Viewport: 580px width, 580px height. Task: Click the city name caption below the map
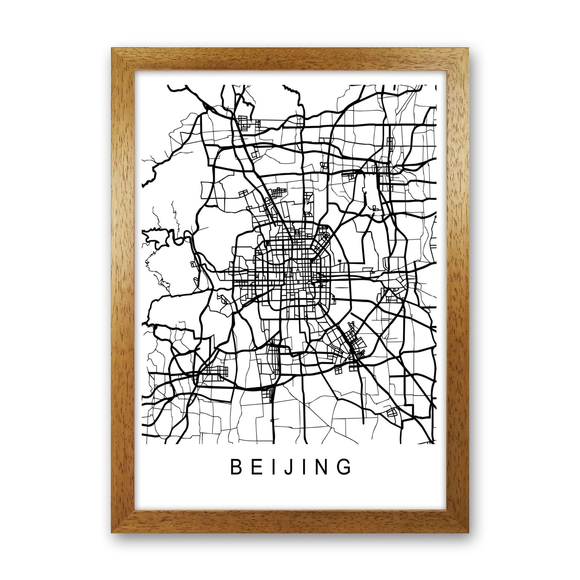pyautogui.click(x=290, y=467)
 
